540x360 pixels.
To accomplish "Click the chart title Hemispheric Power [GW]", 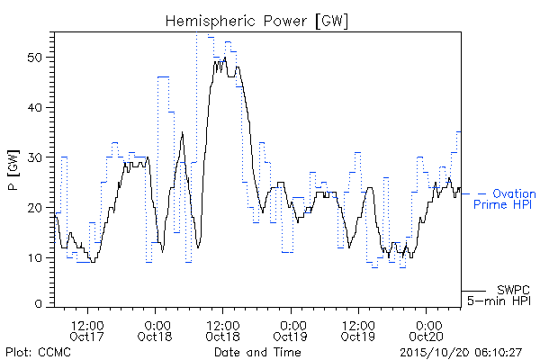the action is (x=256, y=22).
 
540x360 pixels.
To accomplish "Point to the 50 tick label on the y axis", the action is (x=35, y=58).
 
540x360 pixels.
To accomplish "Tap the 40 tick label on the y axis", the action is (x=35, y=107).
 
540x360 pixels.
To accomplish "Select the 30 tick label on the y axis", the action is (x=35, y=157).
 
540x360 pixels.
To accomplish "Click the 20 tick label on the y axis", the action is (x=35, y=208).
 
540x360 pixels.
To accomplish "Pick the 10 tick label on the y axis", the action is (x=35, y=257).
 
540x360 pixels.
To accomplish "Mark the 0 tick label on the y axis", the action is (x=39, y=304).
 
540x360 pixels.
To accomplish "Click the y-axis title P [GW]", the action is (x=13, y=170).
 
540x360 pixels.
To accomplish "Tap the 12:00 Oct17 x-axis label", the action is (x=87, y=330).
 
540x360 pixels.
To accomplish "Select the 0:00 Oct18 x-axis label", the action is (x=155, y=330).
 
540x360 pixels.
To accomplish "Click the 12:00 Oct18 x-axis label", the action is (x=223, y=330).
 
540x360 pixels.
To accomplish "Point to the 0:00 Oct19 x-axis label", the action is (x=291, y=330).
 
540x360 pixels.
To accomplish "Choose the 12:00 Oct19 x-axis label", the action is (x=358, y=330).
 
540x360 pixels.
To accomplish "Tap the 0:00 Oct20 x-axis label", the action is (x=426, y=330).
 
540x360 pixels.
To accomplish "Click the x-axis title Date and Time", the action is (x=257, y=352).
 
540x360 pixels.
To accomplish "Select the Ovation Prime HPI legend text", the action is (x=505, y=199).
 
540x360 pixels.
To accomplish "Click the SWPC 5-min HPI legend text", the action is (x=499, y=295).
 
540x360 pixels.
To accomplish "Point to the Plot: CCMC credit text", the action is (x=38, y=352).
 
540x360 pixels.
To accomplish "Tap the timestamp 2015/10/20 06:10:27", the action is (x=461, y=353).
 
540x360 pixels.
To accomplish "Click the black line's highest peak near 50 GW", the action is (x=225, y=58).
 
